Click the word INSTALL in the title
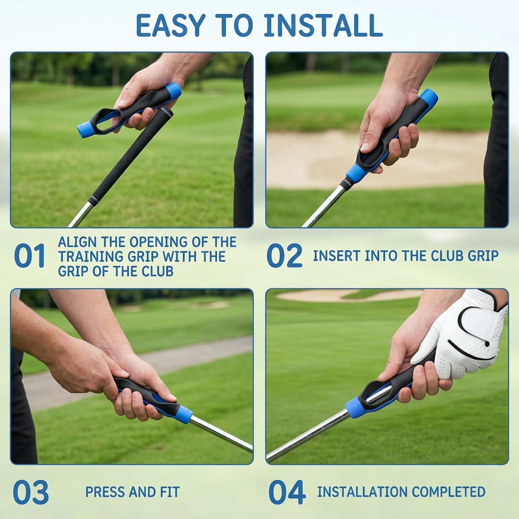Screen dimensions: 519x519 pyautogui.click(x=323, y=26)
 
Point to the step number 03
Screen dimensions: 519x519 pyautogui.click(x=31, y=492)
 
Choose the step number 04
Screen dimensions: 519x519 pyautogui.click(x=287, y=492)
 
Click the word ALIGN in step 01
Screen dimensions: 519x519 pyautogui.click(x=77, y=242)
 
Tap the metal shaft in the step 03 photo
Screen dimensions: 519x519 pyautogui.click(x=221, y=435)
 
